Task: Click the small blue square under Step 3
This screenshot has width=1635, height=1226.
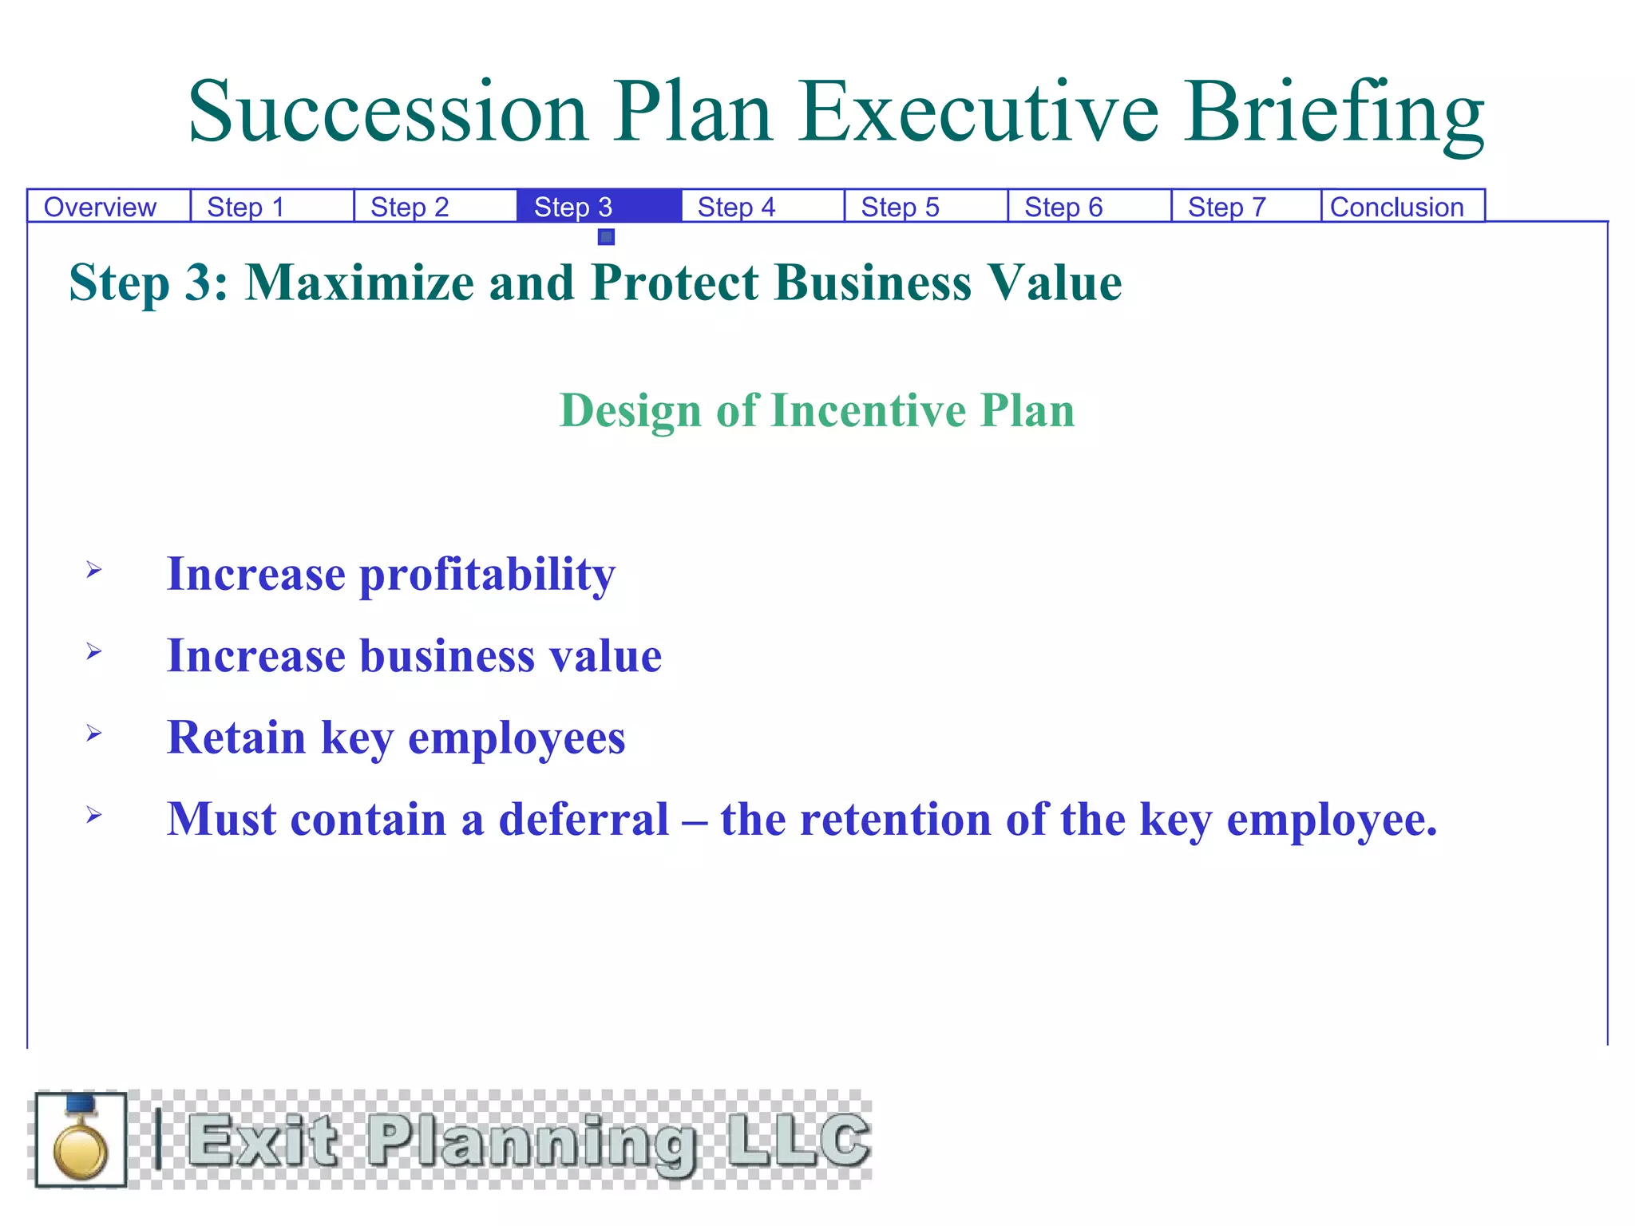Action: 606,237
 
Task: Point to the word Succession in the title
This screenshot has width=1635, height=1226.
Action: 388,113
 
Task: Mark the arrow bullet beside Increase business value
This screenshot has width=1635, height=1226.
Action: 94,652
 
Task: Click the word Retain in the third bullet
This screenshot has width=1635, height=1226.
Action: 236,737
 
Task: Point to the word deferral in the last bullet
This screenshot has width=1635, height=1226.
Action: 584,820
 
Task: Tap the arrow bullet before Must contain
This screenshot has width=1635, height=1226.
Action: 94,815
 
